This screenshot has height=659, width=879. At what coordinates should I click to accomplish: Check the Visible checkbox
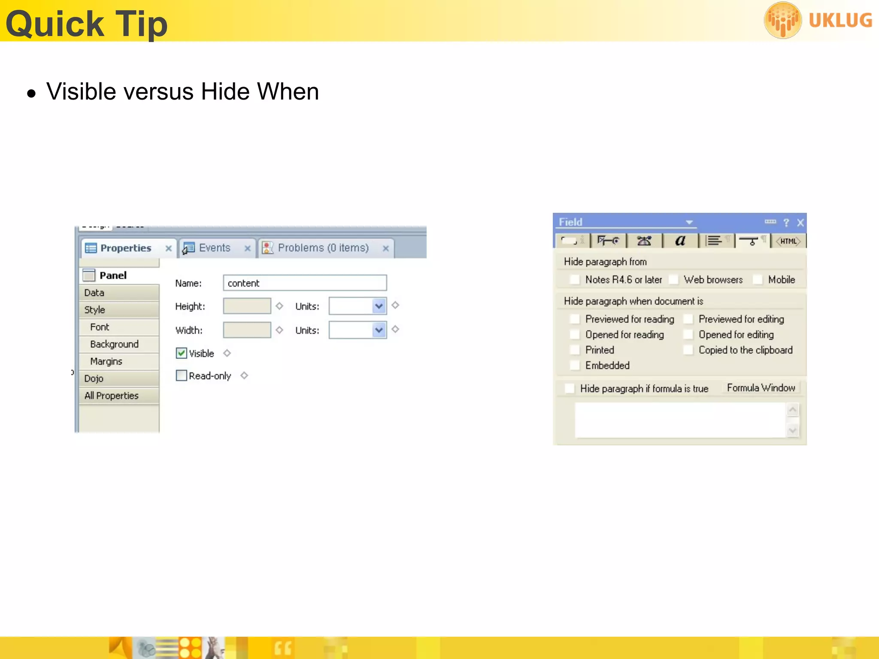click(182, 353)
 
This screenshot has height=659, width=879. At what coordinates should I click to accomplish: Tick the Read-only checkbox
click(182, 376)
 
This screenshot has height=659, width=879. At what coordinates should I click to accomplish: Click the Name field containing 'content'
click(305, 283)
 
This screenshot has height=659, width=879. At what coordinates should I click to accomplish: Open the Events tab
click(214, 248)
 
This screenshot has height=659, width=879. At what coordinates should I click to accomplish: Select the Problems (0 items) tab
click(323, 248)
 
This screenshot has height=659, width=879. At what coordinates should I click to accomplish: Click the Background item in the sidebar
click(114, 344)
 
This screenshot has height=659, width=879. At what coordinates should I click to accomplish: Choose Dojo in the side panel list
click(94, 378)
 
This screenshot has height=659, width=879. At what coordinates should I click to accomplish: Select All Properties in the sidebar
click(112, 396)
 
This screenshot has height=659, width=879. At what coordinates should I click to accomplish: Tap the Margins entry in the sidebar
click(106, 361)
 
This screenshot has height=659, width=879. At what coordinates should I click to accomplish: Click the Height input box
click(247, 306)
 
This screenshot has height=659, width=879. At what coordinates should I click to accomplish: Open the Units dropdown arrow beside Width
click(379, 330)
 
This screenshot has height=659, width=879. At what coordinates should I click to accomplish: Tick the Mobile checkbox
click(758, 280)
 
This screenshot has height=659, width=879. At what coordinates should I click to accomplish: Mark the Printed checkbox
click(575, 350)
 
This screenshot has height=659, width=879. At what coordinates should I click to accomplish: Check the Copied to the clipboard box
click(688, 350)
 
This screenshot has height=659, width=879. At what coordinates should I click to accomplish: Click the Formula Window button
click(761, 388)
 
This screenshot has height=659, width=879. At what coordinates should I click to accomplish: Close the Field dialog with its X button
click(800, 223)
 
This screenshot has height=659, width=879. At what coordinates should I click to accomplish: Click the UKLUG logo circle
click(783, 20)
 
